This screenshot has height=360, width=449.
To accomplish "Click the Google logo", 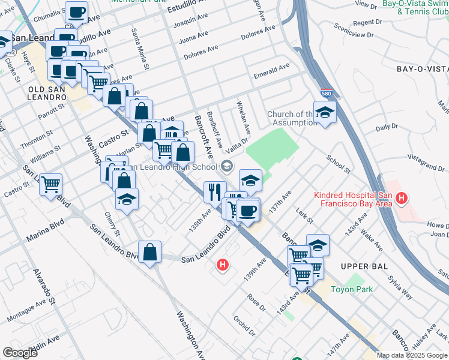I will (x=20, y=353).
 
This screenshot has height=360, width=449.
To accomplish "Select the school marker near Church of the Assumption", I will (x=325, y=112).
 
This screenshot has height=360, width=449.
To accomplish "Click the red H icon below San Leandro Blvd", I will (x=223, y=264).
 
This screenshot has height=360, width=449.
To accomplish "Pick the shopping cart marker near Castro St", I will (x=51, y=184).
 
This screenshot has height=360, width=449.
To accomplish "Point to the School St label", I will (x=339, y=163).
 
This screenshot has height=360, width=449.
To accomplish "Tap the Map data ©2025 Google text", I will (x=412, y=355).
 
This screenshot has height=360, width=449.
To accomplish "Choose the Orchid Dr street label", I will (x=244, y=323).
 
